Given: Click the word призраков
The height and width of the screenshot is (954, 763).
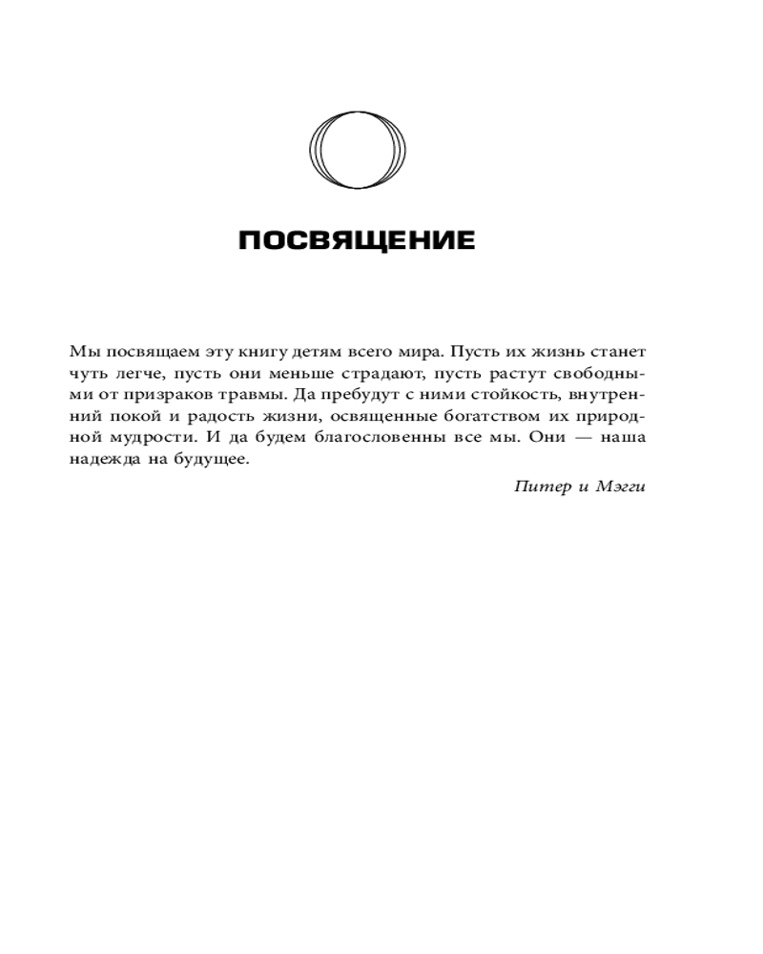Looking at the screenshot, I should pyautogui.click(x=151, y=394).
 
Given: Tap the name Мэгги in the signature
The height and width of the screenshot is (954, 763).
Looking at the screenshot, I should pyautogui.click(x=621, y=487).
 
